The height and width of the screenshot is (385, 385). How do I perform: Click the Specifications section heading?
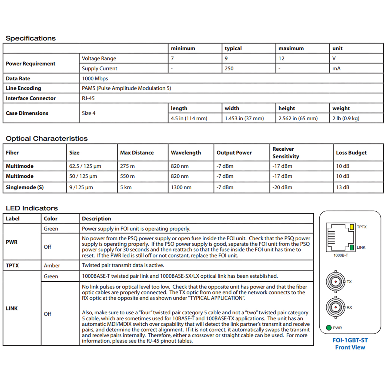31,38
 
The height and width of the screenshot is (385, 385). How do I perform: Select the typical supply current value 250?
229,68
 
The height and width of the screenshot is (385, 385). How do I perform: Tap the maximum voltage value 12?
282,58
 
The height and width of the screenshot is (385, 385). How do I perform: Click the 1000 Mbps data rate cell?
95,79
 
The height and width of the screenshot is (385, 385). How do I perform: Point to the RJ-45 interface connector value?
88,98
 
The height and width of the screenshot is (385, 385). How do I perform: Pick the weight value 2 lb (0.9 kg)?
346,118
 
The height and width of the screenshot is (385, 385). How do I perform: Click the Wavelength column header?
186,152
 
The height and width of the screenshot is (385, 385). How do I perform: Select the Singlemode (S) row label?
25,187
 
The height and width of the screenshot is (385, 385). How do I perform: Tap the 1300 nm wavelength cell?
181,187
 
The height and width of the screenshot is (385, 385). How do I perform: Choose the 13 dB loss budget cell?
343,187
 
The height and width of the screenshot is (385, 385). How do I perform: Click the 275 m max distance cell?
127,166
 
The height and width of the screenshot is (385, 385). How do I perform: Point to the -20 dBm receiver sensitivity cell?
282,187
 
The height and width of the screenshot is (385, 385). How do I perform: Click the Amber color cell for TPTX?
52,265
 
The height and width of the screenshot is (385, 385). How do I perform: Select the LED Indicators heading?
32,208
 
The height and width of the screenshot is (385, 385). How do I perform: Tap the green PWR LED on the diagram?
329,328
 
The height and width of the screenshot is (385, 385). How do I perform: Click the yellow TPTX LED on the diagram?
352,227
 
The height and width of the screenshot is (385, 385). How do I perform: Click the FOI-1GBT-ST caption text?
350,340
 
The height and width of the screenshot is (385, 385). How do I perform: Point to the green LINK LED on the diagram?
352,248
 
